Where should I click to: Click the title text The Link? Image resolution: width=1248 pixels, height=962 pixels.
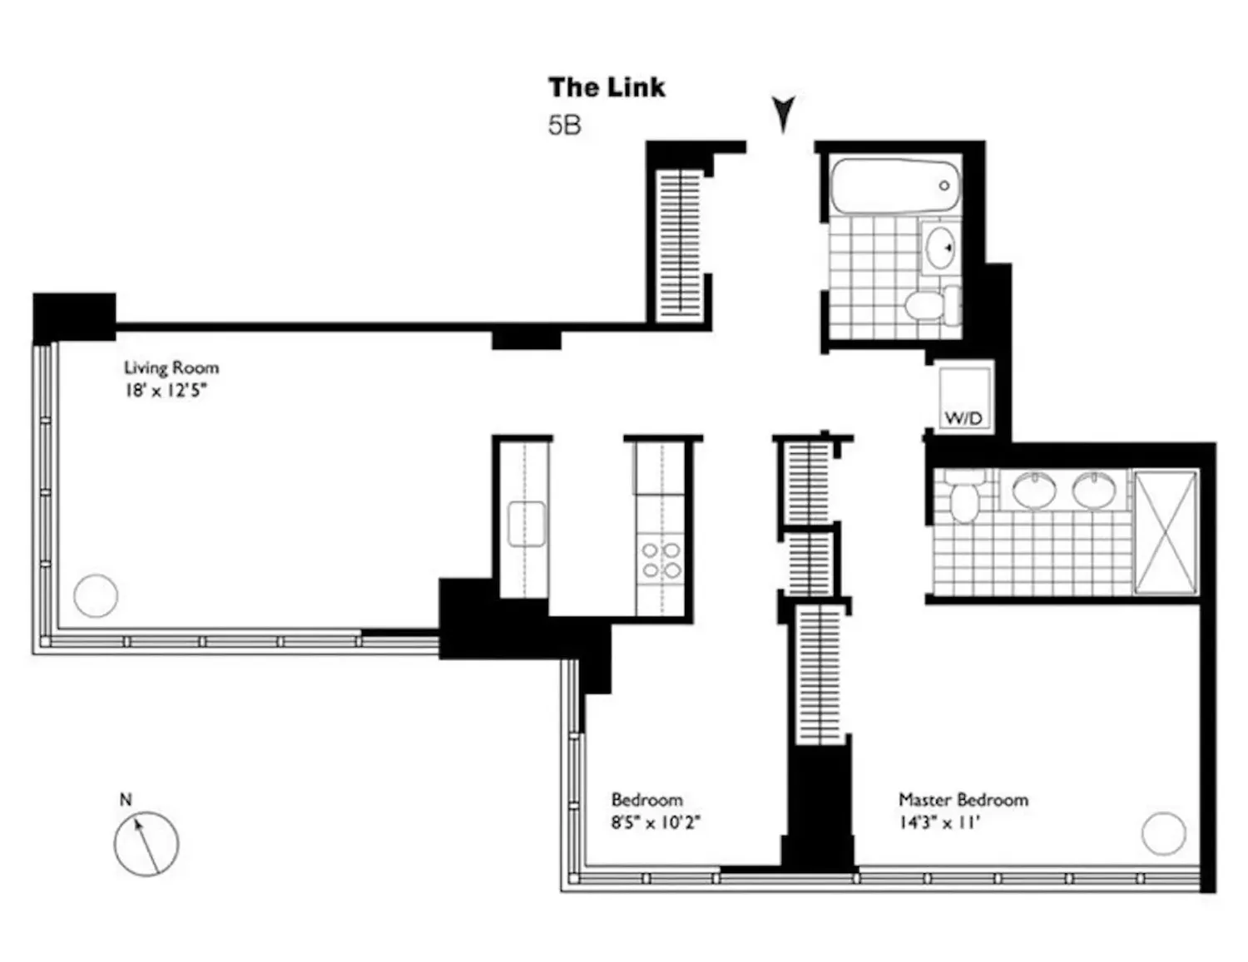pyautogui.click(x=607, y=88)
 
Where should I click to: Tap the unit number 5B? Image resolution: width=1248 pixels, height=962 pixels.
pyautogui.click(x=565, y=126)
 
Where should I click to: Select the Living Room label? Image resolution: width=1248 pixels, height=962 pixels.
pyautogui.click(x=171, y=368)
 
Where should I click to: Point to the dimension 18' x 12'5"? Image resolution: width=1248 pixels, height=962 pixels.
pyautogui.click(x=166, y=391)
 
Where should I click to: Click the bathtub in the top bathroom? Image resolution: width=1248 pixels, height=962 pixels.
pyautogui.click(x=894, y=186)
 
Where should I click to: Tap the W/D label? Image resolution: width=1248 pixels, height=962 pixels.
pyautogui.click(x=963, y=418)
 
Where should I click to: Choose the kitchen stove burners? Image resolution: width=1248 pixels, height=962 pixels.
pyautogui.click(x=661, y=560)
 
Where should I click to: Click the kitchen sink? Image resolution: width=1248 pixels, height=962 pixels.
pyautogui.click(x=526, y=524)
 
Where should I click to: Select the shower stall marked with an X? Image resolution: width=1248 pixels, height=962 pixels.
pyautogui.click(x=1166, y=533)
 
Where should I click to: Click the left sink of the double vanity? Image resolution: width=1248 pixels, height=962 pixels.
pyautogui.click(x=1034, y=491)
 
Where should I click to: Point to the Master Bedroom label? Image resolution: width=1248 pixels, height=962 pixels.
pyautogui.click(x=963, y=800)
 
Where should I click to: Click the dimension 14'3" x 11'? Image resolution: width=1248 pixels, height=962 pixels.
pyautogui.click(x=939, y=823)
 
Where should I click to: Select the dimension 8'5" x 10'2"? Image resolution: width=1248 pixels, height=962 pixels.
pyautogui.click(x=656, y=823)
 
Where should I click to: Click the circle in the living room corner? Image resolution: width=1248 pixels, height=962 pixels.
pyautogui.click(x=96, y=596)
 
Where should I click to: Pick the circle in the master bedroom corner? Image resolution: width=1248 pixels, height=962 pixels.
pyautogui.click(x=1164, y=833)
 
